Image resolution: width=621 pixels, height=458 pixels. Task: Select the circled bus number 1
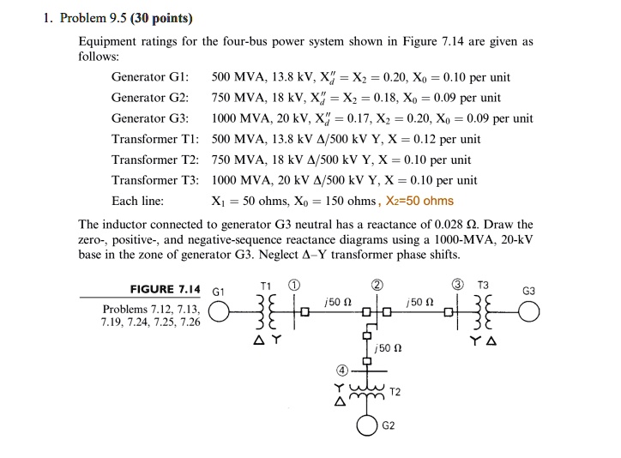[293, 286]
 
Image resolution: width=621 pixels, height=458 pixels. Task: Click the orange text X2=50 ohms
[420, 202]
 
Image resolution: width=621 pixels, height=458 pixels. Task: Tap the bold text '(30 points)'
[160, 18]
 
